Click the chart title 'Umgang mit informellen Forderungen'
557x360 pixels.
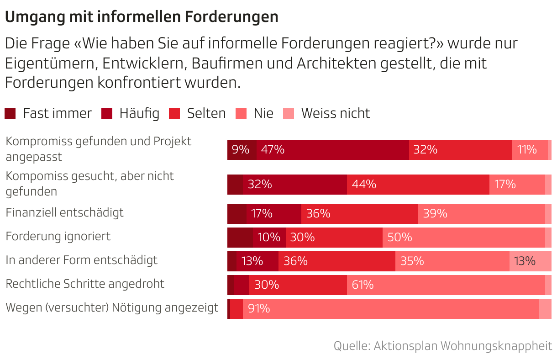click(x=142, y=17)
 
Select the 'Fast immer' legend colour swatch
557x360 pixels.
click(x=10, y=113)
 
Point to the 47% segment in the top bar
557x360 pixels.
click(x=332, y=150)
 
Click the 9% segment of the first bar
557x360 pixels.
click(x=242, y=150)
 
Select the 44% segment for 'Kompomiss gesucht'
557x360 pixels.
click(x=418, y=185)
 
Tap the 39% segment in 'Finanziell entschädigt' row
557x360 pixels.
click(x=481, y=214)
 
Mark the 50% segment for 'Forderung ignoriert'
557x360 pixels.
click(x=463, y=238)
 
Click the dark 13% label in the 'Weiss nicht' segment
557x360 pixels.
click(x=524, y=261)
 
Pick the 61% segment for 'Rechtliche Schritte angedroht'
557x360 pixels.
click(x=446, y=285)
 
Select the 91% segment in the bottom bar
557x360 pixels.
click(x=390, y=309)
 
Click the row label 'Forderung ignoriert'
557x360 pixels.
click(x=58, y=236)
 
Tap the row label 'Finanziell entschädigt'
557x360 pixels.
click(x=64, y=212)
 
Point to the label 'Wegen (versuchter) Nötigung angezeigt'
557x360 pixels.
click(x=112, y=307)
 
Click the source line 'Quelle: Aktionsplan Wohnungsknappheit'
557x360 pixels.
click(x=442, y=346)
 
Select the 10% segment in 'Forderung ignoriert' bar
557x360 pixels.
click(x=269, y=238)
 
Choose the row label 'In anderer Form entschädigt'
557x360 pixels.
click(x=81, y=260)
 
